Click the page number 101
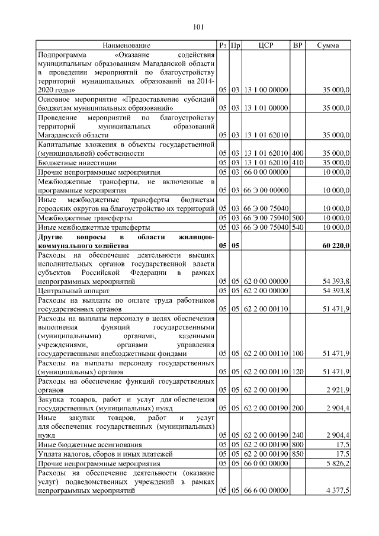[x=198, y=26]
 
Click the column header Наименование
[x=126, y=45]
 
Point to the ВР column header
[x=298, y=45]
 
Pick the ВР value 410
[x=298, y=162]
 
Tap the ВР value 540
[x=298, y=227]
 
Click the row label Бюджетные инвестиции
[x=77, y=162]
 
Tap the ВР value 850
[x=298, y=454]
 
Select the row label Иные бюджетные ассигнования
[x=89, y=444]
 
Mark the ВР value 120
[x=298, y=371]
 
